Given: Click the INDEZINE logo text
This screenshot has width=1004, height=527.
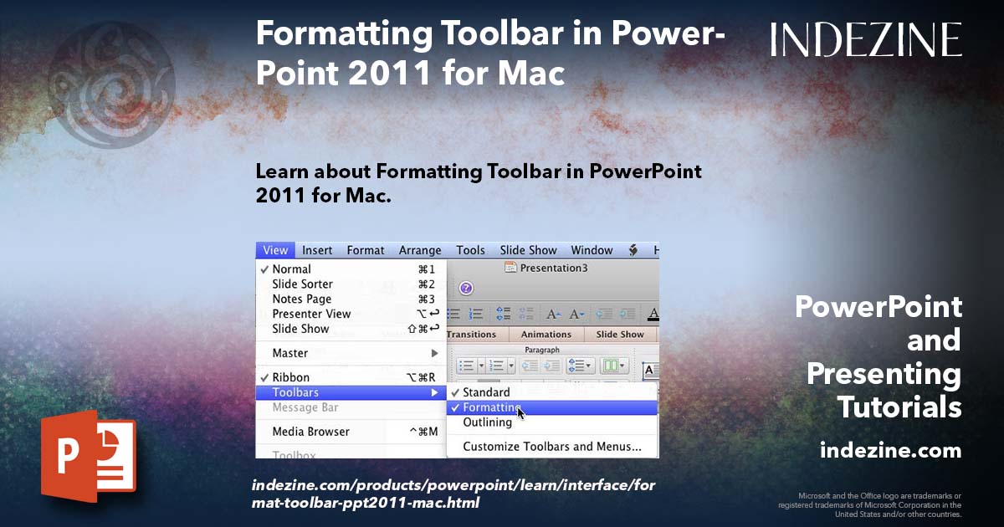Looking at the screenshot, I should (866, 40).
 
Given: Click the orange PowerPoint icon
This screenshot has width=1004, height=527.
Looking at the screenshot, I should (88, 457).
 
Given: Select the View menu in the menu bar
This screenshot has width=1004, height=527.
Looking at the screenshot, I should (275, 250).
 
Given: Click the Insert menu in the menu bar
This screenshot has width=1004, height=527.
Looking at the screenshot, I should (317, 250).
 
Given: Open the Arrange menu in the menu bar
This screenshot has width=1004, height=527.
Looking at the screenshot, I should (420, 250).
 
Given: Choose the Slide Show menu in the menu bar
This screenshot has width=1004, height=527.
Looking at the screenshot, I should (528, 250).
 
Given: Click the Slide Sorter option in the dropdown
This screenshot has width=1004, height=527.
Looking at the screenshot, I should (302, 284).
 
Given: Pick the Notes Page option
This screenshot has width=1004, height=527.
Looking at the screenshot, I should (301, 299).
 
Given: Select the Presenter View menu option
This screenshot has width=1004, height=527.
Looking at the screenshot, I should (311, 315).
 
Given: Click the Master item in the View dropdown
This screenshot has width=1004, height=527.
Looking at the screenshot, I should (290, 353).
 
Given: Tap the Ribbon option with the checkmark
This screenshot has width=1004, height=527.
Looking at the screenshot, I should (290, 377).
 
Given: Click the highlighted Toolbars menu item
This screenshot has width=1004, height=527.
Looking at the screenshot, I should (295, 392).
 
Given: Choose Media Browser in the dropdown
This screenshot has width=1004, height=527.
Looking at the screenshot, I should (310, 432).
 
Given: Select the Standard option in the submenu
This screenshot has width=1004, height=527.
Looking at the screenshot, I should (486, 392).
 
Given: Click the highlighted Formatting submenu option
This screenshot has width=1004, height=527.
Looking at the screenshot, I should (491, 407).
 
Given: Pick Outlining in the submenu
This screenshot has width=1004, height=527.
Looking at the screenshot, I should (487, 422).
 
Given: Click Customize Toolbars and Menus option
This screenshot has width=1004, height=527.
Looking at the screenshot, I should (552, 447).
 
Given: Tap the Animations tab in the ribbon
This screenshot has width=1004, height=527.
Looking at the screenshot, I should (546, 335).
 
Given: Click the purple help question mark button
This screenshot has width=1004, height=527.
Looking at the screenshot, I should (466, 288).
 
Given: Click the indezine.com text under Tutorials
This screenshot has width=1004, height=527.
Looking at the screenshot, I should (890, 451).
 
